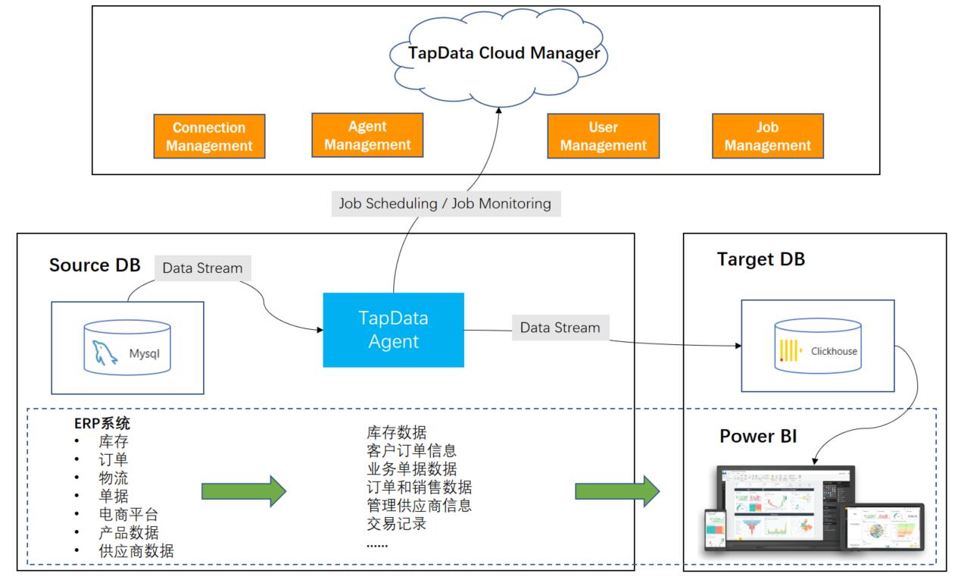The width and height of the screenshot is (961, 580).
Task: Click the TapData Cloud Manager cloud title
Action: (x=504, y=54)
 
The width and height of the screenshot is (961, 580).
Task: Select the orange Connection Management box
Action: (x=209, y=136)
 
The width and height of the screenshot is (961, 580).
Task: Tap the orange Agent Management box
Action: (x=367, y=135)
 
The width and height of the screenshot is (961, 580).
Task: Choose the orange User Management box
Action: (x=603, y=136)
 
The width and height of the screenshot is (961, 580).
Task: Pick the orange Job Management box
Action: (x=767, y=136)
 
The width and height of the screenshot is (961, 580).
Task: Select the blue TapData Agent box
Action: (x=393, y=330)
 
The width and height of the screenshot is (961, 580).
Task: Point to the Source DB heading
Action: (x=95, y=265)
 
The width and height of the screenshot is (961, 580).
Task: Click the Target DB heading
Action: (x=761, y=259)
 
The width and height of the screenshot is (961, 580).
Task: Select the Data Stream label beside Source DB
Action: (x=202, y=268)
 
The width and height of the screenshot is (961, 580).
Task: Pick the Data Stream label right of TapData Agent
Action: (x=560, y=328)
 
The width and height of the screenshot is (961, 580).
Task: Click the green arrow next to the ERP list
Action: (x=243, y=492)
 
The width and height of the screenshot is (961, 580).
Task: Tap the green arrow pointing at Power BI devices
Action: (x=616, y=492)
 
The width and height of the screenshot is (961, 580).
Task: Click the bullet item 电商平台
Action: (x=129, y=514)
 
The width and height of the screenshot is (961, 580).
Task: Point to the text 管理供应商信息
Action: (x=419, y=504)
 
